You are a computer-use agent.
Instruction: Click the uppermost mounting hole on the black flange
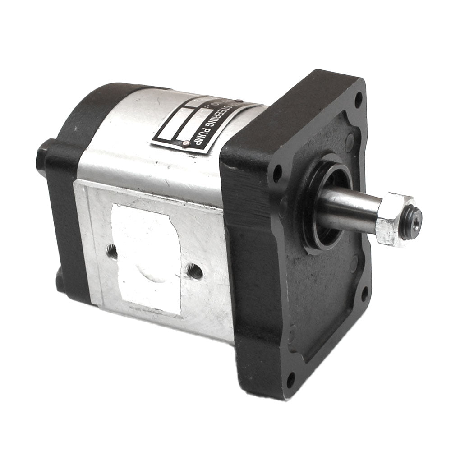[359, 99]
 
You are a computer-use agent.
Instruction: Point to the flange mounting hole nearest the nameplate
[277, 173]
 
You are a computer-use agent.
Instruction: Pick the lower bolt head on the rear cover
[60, 282]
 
